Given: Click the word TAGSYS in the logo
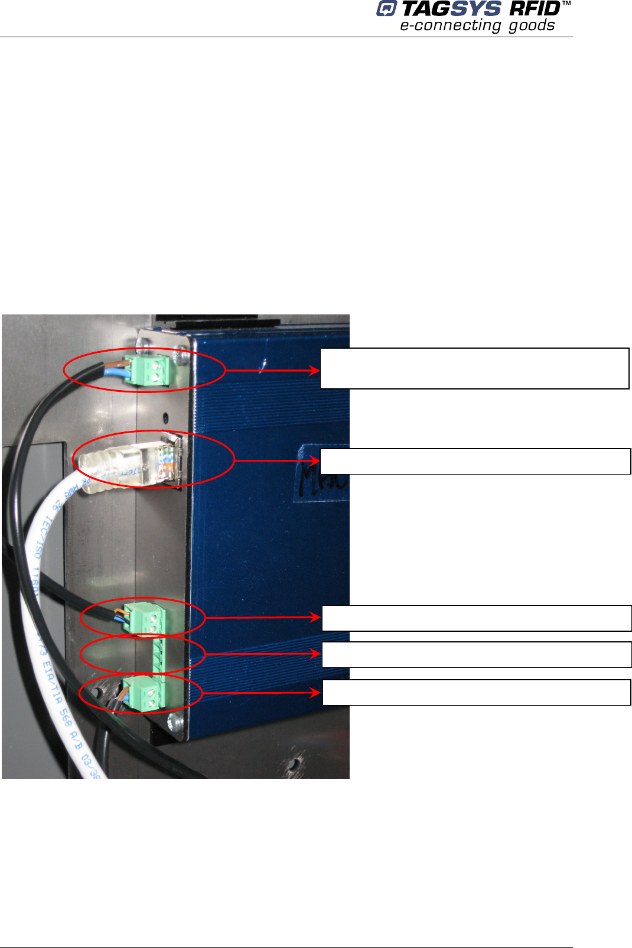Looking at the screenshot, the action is click(451, 9).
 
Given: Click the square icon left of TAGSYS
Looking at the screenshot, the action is click(386, 9).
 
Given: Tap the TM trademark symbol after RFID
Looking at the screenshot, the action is click(566, 4).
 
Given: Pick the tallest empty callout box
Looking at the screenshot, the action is click(474, 368).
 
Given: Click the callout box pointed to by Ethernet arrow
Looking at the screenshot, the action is click(475, 461).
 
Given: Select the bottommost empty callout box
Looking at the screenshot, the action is click(476, 692).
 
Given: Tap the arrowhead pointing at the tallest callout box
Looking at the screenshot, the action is click(315, 371).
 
